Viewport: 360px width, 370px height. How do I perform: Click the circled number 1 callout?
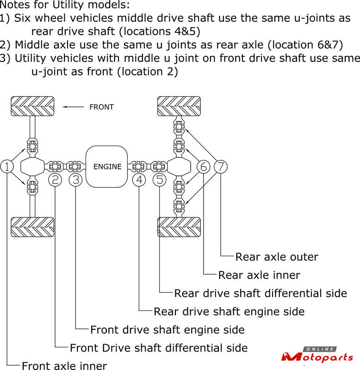pos(8,166)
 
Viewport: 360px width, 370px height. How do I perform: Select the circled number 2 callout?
pos(55,179)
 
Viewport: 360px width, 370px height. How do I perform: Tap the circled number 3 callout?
pos(75,179)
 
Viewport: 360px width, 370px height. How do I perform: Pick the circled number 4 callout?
pos(139,179)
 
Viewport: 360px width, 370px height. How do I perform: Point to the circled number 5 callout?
pos(160,179)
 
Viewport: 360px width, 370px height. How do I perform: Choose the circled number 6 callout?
pos(204,166)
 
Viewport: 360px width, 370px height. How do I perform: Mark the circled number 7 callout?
pos(221,166)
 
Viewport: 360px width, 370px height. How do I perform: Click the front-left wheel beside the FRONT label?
pos(32,107)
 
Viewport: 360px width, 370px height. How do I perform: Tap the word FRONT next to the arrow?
pos(101,107)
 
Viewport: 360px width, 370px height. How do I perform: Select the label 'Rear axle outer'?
pos(277,257)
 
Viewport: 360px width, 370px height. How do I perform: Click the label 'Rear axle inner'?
pos(259,275)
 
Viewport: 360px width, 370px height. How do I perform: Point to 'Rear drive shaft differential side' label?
pos(261,293)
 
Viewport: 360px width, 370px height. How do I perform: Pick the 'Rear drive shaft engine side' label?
pos(229,311)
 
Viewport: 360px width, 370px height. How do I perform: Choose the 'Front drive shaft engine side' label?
pos(167,330)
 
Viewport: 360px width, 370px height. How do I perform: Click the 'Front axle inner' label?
pos(64,366)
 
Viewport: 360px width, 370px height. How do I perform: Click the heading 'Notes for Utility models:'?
pos(65,6)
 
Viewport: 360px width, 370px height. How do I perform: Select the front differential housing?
pos(32,166)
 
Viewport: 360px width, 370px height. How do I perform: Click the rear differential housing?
pos(179,166)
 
